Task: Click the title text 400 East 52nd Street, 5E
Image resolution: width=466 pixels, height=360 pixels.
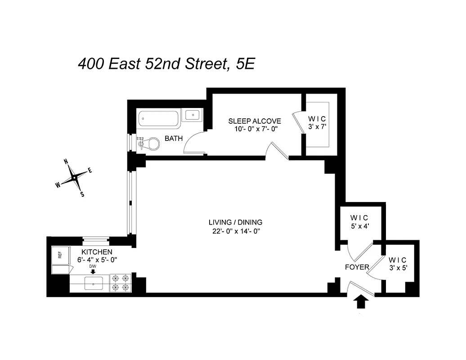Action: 166,64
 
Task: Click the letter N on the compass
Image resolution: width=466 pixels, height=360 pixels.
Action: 66,162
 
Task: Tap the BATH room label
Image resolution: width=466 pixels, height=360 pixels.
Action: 174,139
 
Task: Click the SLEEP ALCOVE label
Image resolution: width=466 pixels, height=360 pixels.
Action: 255,121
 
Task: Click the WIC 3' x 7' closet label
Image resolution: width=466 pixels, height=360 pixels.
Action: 317,123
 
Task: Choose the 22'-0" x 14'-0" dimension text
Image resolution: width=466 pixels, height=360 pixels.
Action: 235,231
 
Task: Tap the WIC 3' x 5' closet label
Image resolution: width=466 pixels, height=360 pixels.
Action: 397,264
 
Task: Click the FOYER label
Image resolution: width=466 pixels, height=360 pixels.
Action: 357,267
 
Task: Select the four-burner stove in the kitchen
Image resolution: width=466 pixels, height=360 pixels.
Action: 121,283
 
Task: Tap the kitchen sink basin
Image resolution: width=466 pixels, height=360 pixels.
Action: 93,283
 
